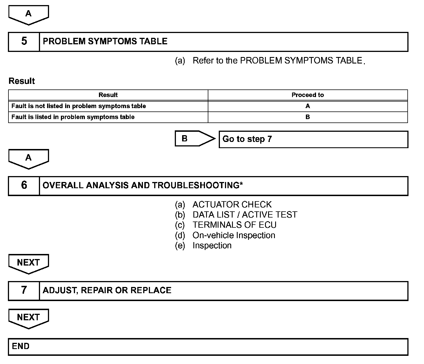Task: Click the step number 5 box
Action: [24, 41]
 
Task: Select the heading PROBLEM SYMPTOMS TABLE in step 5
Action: [105, 41]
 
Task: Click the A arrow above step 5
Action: [28, 14]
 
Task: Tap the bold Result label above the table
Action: [22, 81]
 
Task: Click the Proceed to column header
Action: [308, 95]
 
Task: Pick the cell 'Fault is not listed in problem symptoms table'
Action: [79, 106]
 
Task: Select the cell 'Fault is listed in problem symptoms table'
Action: [73, 117]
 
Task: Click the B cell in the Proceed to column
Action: [308, 117]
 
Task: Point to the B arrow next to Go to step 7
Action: [192, 139]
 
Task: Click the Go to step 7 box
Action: [313, 139]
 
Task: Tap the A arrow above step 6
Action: [28, 158]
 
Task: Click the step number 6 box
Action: [24, 185]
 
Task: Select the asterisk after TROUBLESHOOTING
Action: [241, 184]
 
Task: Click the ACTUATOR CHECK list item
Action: [232, 205]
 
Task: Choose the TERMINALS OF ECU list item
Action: [234, 225]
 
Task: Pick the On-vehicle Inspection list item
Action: [234, 235]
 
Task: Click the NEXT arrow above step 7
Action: [28, 263]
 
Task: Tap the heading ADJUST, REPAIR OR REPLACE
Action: [107, 290]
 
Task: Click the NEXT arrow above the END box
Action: [28, 318]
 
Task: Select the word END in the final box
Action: [21, 346]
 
